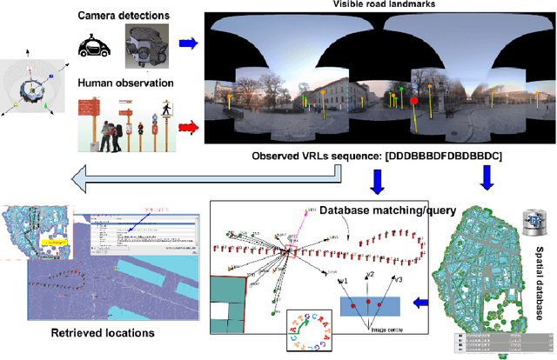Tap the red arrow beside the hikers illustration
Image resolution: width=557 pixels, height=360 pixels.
point(187,130)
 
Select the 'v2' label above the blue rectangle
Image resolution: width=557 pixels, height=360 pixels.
point(371,276)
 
